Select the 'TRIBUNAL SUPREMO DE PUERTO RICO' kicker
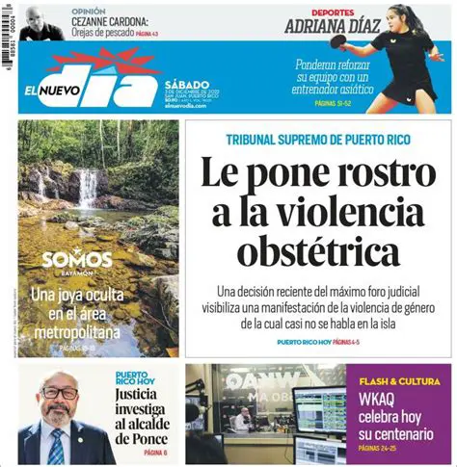click(x=318, y=139)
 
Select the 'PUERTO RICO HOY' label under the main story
click(x=303, y=343)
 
